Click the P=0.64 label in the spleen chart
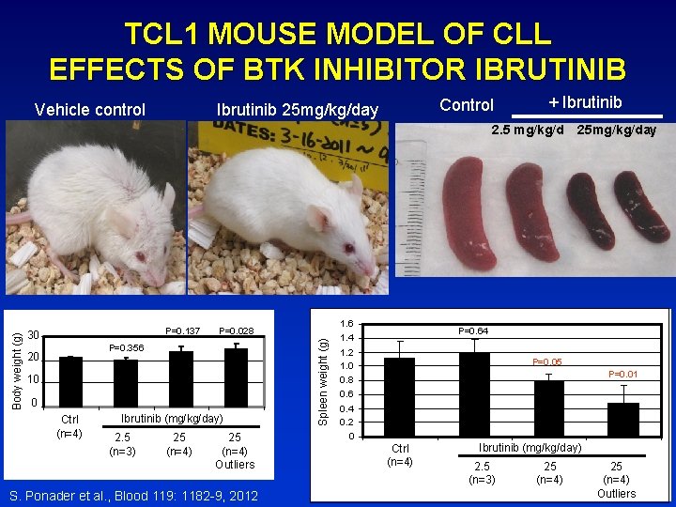pyautogui.click(x=472, y=330)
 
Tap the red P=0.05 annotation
pyautogui.click(x=547, y=361)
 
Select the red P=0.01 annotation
pyautogui.click(x=623, y=375)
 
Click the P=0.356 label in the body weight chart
pyautogui.click(x=125, y=347)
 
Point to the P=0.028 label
pyautogui.click(x=236, y=330)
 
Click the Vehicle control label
pyautogui.click(x=89, y=109)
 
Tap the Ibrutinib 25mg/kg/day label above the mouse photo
pyautogui.click(x=297, y=111)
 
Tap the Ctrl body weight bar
pyautogui.click(x=70, y=370)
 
